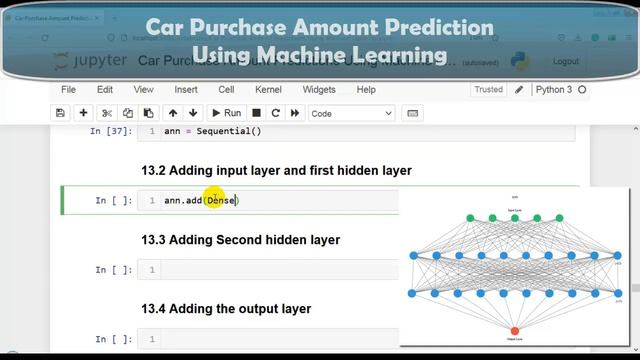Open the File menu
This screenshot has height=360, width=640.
pyautogui.click(x=68, y=90)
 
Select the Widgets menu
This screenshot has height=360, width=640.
pyautogui.click(x=318, y=90)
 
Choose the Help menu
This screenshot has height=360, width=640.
pyautogui.click(x=366, y=90)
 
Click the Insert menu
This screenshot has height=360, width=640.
pyautogui.click(x=185, y=90)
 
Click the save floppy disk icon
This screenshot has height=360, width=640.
pyautogui.click(x=61, y=114)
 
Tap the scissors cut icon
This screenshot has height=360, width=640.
pyautogui.click(x=108, y=114)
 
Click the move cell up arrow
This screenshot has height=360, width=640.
pyautogui.click(x=173, y=114)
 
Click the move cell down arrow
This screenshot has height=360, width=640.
pyautogui.click(x=193, y=114)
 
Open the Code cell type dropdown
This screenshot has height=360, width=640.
pyautogui.click(x=351, y=114)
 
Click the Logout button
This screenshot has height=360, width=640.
pyautogui.click(x=565, y=62)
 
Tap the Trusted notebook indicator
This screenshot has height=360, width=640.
pyautogui.click(x=489, y=90)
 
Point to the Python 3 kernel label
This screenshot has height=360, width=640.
pyautogui.click(x=554, y=90)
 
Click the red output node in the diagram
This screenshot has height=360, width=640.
pyautogui.click(x=515, y=331)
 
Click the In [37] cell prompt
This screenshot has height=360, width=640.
pyautogui.click(x=111, y=132)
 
